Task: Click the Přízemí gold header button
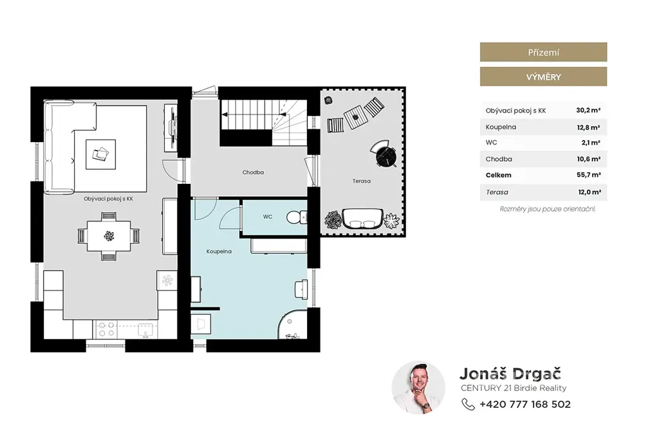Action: pos(543,52)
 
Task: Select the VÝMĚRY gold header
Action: pos(543,77)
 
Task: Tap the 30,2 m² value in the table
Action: pos(588,111)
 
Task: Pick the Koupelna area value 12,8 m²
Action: pos(588,127)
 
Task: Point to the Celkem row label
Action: pos(499,175)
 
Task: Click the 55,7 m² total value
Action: pos(588,175)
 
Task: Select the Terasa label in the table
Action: pos(497,192)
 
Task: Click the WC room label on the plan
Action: pos(268,217)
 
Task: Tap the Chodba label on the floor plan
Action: pos(253,172)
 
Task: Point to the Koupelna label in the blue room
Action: pos(219,251)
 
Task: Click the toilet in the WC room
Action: pos(297,217)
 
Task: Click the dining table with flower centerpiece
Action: pos(109,236)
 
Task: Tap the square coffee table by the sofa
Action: pos(101,154)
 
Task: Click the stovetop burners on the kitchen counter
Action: pos(106,329)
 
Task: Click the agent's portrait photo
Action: pos(418,388)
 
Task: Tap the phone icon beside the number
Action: pos(468,405)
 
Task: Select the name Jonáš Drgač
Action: pos(510,373)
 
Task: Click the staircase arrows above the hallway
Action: pos(254,114)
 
